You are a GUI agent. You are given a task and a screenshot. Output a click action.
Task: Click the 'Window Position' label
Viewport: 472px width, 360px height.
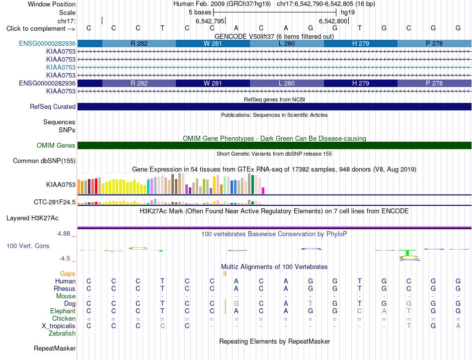[52, 4]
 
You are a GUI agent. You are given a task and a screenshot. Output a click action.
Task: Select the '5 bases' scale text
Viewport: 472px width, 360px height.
[200, 12]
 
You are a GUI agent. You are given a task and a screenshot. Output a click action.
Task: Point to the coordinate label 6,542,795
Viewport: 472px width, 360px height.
[210, 21]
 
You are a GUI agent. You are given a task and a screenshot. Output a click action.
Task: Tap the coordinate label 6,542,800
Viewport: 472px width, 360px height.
[333, 21]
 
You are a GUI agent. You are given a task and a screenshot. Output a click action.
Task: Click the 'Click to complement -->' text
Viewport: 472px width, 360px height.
[41, 29]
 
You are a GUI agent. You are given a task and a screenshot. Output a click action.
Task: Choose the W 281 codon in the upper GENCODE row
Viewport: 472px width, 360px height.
[213, 43]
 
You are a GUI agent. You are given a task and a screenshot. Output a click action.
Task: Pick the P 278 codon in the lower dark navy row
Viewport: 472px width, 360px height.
[434, 83]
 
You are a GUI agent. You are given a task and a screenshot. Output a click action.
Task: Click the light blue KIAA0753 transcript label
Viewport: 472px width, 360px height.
[61, 67]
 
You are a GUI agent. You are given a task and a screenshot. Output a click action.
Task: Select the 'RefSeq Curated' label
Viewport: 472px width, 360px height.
[53, 106]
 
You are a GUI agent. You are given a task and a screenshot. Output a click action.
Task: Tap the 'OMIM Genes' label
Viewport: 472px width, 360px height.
[56, 146]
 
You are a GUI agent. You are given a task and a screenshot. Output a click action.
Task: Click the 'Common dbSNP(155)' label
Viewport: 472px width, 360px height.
[44, 161]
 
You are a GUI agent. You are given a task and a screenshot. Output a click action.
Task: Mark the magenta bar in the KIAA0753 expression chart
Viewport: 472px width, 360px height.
[263, 191]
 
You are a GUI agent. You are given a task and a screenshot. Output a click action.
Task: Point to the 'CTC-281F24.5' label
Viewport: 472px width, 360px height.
[55, 202]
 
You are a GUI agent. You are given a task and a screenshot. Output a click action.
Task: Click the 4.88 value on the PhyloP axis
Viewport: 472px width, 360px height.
[64, 234]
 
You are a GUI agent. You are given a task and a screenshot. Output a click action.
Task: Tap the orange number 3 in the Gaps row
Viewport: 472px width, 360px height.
[225, 274]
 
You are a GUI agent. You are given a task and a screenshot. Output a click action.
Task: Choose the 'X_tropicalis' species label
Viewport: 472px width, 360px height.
[59, 326]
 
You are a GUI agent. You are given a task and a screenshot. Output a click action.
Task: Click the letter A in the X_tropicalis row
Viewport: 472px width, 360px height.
[458, 326]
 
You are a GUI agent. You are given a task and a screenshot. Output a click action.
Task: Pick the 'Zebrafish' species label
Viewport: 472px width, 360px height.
[62, 334]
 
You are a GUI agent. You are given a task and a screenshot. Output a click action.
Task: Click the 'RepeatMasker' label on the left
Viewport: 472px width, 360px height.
[55, 349]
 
